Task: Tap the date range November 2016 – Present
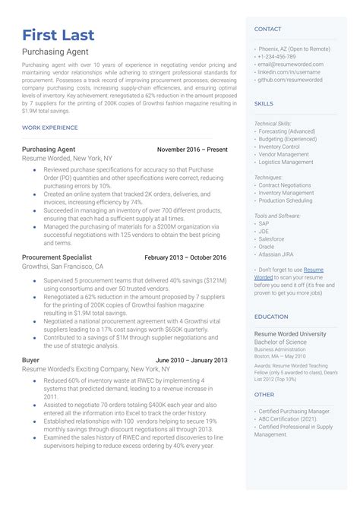click(191, 150)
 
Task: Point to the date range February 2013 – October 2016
click(185, 257)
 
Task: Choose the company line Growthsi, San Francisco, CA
click(62, 267)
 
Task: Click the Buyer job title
click(31, 359)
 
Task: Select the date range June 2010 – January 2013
click(191, 359)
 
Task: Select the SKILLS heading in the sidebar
click(264, 103)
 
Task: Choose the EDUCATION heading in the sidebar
click(271, 317)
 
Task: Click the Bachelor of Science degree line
click(281, 342)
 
